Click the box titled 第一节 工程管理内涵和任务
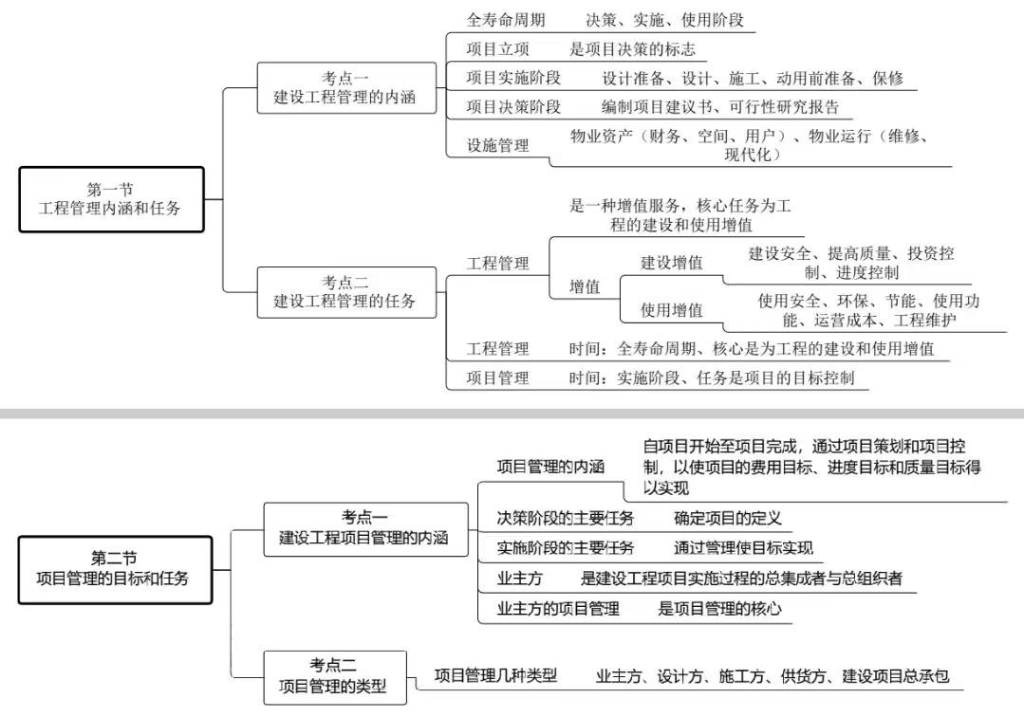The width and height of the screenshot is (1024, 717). click(111, 199)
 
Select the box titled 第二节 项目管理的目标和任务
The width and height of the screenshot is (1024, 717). click(115, 570)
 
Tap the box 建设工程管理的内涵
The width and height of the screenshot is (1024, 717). click(346, 88)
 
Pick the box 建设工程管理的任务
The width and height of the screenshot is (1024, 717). click(346, 292)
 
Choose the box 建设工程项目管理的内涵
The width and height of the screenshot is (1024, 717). click(365, 529)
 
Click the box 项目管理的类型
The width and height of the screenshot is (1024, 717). click(335, 678)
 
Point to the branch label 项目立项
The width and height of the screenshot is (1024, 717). click(497, 49)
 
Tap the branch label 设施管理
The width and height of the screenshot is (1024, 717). click(497, 145)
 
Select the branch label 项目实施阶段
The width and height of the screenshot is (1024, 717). click(513, 78)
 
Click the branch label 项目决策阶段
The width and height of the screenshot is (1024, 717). click(513, 106)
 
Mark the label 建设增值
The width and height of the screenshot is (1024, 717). click(671, 263)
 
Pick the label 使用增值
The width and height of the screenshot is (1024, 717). click(671, 310)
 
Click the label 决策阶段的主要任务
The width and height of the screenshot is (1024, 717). click(566, 518)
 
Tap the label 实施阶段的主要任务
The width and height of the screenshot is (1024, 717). click(566, 547)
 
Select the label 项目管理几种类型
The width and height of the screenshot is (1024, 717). click(495, 675)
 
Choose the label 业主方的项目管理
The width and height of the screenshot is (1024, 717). click(558, 609)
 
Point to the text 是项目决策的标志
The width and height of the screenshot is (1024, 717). click(632, 49)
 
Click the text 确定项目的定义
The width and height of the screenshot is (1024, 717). click(728, 518)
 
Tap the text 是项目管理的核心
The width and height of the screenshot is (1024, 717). click(719, 609)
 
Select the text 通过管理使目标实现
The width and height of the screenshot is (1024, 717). click(743, 547)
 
